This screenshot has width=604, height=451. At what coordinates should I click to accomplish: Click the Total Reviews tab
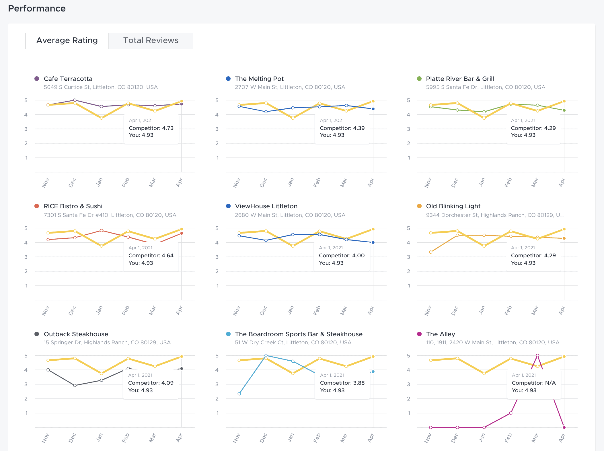[151, 40]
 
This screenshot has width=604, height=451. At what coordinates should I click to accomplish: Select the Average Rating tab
[67, 40]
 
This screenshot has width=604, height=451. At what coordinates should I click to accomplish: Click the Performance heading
[37, 9]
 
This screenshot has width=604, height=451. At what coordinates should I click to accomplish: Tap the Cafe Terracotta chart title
[68, 79]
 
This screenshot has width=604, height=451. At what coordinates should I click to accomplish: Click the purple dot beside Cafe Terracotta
[37, 79]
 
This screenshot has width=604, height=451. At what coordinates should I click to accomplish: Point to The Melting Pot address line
[290, 87]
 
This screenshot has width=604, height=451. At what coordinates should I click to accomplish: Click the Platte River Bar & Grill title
[460, 79]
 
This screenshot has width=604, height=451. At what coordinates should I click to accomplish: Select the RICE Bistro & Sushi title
[73, 206]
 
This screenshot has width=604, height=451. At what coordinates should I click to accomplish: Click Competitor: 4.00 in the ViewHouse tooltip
[342, 255]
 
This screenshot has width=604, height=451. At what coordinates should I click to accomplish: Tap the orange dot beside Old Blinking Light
[419, 206]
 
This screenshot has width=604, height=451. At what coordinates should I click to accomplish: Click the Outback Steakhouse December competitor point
[75, 385]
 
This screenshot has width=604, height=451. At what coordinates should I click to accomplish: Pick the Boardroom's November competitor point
[239, 394]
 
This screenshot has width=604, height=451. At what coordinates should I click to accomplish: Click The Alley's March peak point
[537, 355]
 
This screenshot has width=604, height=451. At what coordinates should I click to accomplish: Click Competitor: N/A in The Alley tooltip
[533, 383]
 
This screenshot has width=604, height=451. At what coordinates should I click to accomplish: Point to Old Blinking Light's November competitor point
[431, 252]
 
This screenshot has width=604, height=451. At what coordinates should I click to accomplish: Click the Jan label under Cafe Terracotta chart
[99, 182]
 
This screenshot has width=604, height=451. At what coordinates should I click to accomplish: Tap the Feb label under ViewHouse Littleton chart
[317, 310]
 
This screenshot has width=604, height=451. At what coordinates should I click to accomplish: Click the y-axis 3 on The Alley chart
[409, 384]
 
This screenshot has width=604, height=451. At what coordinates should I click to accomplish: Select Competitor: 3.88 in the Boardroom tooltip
[342, 383]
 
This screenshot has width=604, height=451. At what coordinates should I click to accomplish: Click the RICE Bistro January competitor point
[102, 230]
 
